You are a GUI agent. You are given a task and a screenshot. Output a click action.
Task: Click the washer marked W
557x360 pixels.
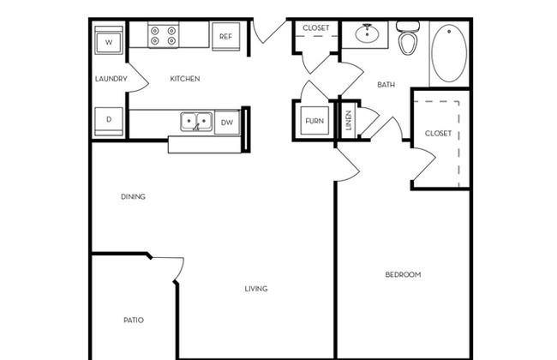tap(109, 40)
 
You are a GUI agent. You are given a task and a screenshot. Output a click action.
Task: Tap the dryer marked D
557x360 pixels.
tap(109, 121)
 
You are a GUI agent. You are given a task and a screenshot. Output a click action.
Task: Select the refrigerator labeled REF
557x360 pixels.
tap(225, 36)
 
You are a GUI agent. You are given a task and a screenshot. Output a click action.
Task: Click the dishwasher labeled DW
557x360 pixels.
tap(227, 123)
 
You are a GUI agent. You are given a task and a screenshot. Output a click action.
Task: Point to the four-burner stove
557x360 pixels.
tap(163, 34)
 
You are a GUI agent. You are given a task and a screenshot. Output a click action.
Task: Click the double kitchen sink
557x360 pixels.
tap(196, 122)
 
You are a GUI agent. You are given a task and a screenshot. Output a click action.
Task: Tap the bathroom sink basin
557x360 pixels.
tap(367, 33)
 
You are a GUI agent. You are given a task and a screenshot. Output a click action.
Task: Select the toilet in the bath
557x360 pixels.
tap(407, 38)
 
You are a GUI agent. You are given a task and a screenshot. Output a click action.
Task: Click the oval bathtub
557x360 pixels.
tap(449, 53)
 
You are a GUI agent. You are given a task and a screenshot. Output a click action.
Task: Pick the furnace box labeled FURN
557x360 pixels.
tap(314, 121)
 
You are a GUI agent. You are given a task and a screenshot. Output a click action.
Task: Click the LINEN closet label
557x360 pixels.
tap(349, 120)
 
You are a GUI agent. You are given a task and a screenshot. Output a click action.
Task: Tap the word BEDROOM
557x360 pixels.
tap(404, 274)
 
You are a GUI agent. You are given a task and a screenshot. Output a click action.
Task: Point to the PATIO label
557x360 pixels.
tap(134, 320)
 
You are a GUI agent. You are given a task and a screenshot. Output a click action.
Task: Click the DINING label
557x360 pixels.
tap(133, 196)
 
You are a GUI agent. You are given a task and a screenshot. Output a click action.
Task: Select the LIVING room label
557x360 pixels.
tap(256, 289)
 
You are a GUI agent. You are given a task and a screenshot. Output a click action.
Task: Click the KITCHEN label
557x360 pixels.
tap(185, 79)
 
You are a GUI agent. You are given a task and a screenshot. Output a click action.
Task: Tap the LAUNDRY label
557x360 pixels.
tap(111, 79)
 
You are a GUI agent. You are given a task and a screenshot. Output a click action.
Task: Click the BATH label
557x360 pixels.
tap(386, 85)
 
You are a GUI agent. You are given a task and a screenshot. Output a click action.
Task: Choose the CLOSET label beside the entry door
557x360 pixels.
tap(316, 27)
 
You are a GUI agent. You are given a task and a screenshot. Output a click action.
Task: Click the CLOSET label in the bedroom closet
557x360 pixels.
tap(438, 133)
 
